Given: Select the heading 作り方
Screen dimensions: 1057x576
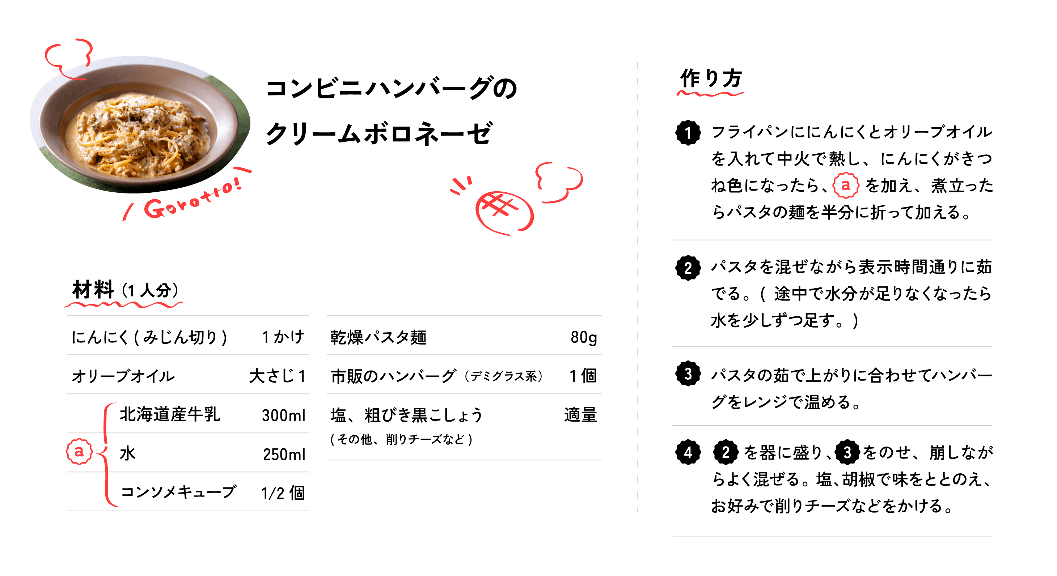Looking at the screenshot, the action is pyautogui.click(x=711, y=78).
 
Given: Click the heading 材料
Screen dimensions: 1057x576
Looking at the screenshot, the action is pyautogui.click(x=93, y=290).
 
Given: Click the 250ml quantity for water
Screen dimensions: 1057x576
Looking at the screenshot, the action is pyautogui.click(x=284, y=454).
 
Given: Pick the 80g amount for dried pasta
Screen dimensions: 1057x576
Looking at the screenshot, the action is pyautogui.click(x=583, y=337).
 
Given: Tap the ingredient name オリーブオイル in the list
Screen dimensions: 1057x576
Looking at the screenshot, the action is pyautogui.click(x=123, y=376).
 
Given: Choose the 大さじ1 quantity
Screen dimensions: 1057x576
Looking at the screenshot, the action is pyautogui.click(x=278, y=376).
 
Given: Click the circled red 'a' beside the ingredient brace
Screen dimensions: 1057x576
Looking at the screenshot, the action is pyautogui.click(x=79, y=451).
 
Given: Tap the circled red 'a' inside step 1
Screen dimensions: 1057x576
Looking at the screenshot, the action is pyautogui.click(x=846, y=185).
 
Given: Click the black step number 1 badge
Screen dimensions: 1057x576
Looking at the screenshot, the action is pyautogui.click(x=688, y=133).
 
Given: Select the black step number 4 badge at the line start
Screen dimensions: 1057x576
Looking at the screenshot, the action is pyautogui.click(x=688, y=452).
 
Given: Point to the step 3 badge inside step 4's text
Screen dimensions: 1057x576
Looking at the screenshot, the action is pyautogui.click(x=847, y=452).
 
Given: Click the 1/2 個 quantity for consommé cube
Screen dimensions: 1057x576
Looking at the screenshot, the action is pyautogui.click(x=283, y=493).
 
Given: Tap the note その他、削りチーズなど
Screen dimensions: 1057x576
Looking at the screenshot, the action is pyautogui.click(x=402, y=439).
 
